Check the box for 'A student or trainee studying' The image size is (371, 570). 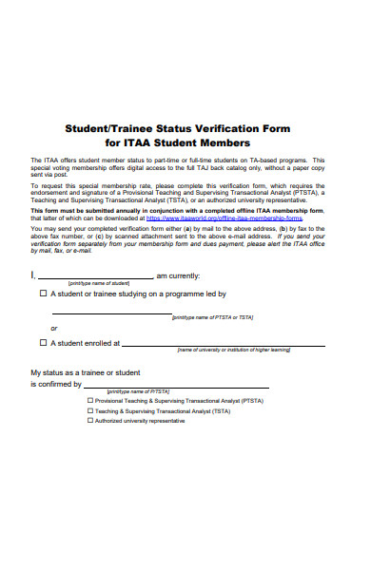click(x=43, y=294)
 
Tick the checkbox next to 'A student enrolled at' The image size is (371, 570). click(x=43, y=342)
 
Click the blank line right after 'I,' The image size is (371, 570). click(x=95, y=276)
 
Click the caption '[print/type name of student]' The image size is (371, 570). click(x=99, y=283)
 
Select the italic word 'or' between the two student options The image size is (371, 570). click(x=54, y=328)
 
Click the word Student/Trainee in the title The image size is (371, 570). click(x=102, y=127)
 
